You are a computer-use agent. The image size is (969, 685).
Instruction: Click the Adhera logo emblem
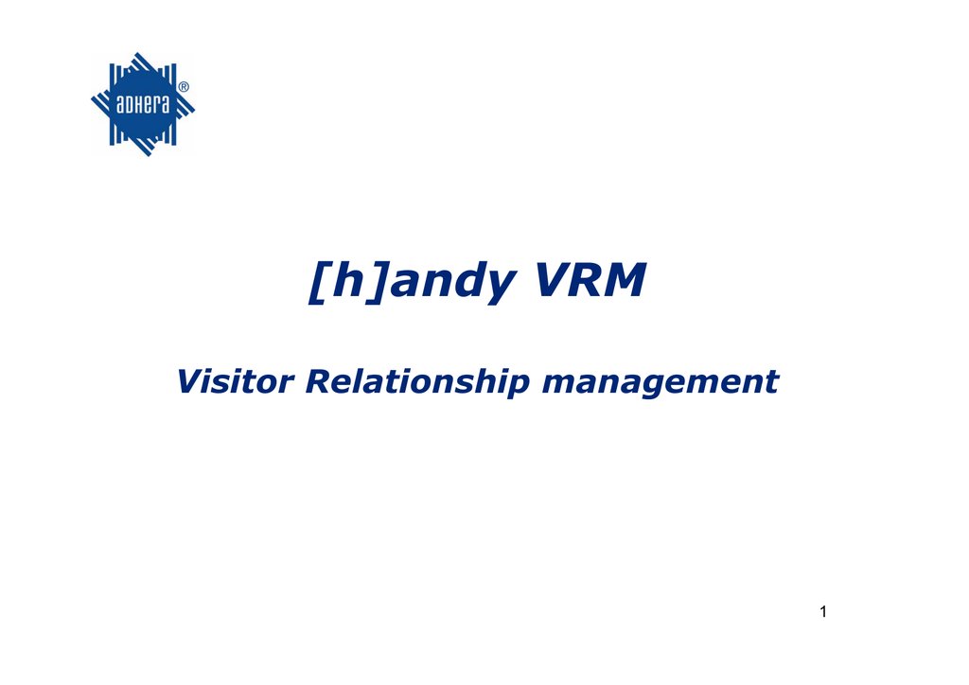[x=143, y=104]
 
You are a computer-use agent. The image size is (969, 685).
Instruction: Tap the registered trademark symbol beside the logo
[x=184, y=87]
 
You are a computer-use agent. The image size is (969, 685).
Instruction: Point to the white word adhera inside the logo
[x=142, y=104]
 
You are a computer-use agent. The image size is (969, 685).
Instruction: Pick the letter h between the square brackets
[x=347, y=279]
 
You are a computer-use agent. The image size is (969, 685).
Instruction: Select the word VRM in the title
[x=590, y=280]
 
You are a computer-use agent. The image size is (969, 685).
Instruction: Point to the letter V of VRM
[x=553, y=280]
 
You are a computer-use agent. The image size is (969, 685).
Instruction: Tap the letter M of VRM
[x=626, y=280]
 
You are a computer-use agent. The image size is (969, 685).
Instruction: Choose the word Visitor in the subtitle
[x=235, y=381]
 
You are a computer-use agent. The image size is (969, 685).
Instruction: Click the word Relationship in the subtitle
[x=417, y=383]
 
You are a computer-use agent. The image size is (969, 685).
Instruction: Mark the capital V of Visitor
[x=191, y=381]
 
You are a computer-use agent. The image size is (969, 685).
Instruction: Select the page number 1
[x=823, y=611]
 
